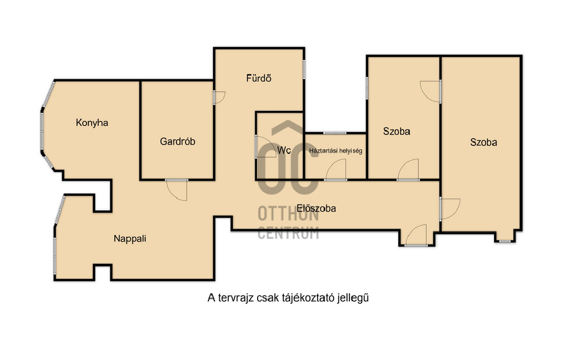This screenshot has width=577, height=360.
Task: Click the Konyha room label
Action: [92, 123]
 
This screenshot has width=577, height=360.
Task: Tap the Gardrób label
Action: [178, 141]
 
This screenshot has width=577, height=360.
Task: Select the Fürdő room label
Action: [259, 78]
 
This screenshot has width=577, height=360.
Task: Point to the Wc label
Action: [284, 150]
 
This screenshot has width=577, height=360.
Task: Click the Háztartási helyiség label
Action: [336, 150]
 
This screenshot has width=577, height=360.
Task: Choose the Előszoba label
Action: [316, 208]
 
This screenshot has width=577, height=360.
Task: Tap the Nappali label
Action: [130, 239]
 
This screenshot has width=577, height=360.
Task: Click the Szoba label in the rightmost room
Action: [484, 142]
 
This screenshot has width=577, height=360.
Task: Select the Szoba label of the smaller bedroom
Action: [396, 131]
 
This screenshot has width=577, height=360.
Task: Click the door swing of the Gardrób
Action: [177, 190]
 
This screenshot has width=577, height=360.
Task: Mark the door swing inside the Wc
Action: [265, 147]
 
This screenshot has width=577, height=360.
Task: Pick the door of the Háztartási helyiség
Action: [336, 170]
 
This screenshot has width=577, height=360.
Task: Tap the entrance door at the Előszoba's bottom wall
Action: [416, 235]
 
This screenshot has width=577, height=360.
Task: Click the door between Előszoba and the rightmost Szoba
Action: [450, 208]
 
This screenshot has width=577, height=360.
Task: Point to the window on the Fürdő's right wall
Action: [304, 69]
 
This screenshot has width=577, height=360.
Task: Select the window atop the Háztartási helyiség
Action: [335, 132]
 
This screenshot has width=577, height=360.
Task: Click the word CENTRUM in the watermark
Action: [288, 233]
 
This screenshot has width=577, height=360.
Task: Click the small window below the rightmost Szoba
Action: [505, 242]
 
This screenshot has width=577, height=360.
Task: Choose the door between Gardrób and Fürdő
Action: [219, 97]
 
